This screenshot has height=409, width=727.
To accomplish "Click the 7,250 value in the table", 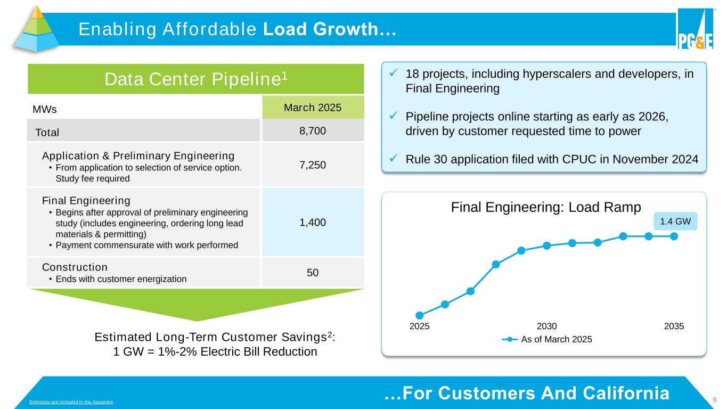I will (312, 165).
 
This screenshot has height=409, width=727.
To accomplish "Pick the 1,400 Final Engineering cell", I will (312, 222).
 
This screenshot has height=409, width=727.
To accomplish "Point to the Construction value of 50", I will (312, 272).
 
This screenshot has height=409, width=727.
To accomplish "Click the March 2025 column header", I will (313, 108).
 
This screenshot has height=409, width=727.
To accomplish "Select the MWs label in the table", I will (45, 109).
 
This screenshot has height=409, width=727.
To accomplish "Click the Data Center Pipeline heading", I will (196, 79).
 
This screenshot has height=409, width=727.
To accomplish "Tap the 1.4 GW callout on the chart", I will (675, 220).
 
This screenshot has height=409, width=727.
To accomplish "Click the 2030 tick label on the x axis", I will (546, 326).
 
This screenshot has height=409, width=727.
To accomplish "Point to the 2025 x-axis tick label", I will (419, 326).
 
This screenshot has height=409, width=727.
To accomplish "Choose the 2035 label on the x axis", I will (674, 326).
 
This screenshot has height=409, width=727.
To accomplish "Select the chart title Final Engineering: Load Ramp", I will (545, 207).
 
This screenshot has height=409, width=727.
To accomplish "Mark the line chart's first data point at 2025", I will (420, 315).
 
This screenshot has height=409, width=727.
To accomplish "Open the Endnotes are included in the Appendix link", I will (71, 401).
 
